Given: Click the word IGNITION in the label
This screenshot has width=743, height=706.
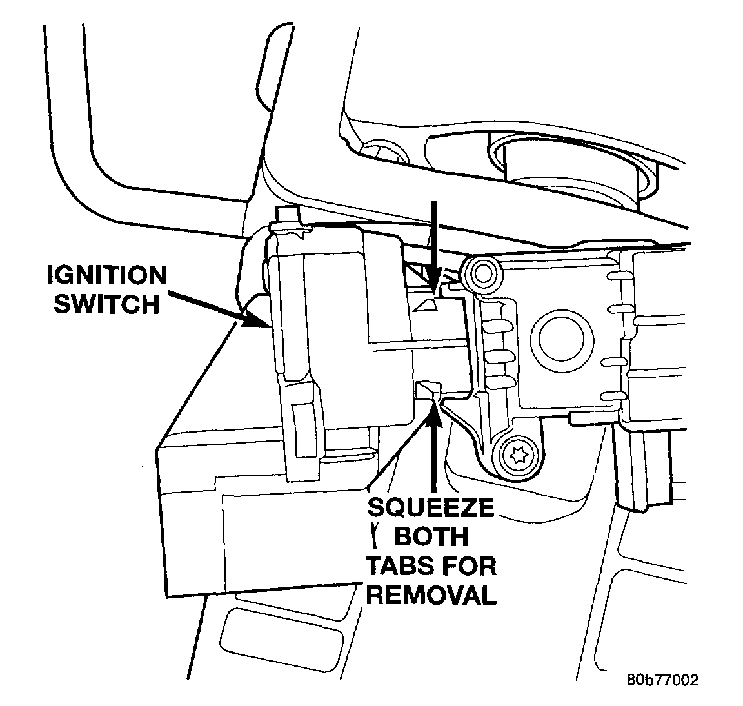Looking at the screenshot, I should click(x=106, y=275).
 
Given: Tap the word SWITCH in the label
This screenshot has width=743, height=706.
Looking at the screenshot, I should click(x=106, y=303).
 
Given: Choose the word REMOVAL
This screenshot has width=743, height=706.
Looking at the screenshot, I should click(x=431, y=594).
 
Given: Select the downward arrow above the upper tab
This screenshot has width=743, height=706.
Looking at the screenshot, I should click(x=435, y=245).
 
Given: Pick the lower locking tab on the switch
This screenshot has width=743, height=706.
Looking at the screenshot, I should click(x=428, y=389).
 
